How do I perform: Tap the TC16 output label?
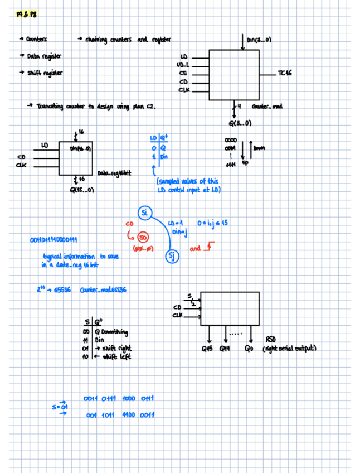click(285, 73)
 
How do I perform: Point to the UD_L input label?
click(183, 65)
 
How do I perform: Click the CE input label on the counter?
click(183, 73)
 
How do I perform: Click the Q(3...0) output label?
click(240, 123)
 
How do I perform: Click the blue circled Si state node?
click(144, 213)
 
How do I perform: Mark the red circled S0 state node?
click(143, 236)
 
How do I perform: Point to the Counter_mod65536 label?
click(103, 290)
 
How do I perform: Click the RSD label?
click(270, 339)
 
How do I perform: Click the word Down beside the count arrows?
click(259, 148)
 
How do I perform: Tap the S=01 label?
click(60, 407)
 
